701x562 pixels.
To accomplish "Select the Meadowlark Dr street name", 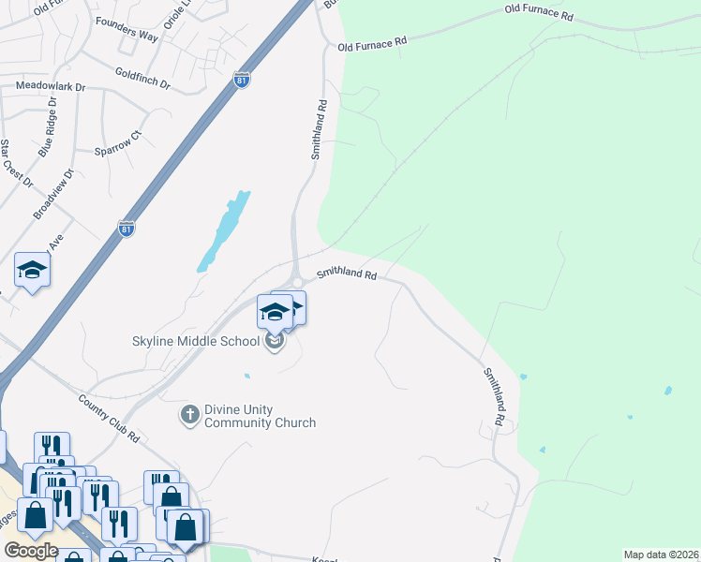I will pyautogui.click(x=51, y=86).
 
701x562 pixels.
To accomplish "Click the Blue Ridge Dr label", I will pyautogui.click(x=48, y=134).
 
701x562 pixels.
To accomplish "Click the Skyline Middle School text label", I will pyautogui.click(x=195, y=341).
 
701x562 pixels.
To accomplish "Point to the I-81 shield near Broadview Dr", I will pyautogui.click(x=127, y=228).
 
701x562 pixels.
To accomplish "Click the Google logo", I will pyautogui.click(x=31, y=550).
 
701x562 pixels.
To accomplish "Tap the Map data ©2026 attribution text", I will pyautogui.click(x=661, y=555).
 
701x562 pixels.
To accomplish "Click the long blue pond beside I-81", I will pyautogui.click(x=225, y=229).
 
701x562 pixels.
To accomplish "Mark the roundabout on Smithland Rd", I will pyautogui.click(x=296, y=280).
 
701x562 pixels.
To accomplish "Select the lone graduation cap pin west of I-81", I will pyautogui.click(x=32, y=272).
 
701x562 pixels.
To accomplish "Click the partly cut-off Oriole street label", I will pyautogui.click(x=175, y=15).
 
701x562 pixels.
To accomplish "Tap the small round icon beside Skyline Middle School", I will pyautogui.click(x=275, y=342).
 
